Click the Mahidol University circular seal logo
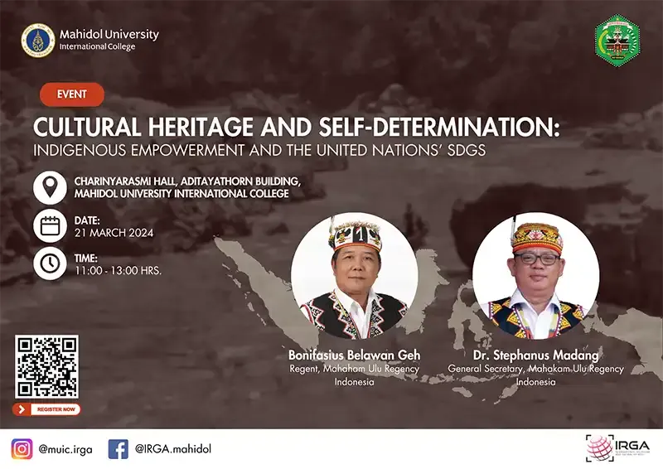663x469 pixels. (38, 40)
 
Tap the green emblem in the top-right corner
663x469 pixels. (617, 39)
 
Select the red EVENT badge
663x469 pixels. (72, 94)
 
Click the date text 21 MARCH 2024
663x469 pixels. (114, 233)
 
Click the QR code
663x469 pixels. (46, 366)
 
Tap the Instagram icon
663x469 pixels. (22, 448)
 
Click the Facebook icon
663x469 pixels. (119, 448)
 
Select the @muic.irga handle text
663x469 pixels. (65, 449)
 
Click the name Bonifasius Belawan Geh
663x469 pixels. (354, 355)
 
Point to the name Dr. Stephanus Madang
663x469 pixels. (535, 355)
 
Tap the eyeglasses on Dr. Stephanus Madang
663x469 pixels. (536, 259)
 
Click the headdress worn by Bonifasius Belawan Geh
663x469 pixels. (354, 235)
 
